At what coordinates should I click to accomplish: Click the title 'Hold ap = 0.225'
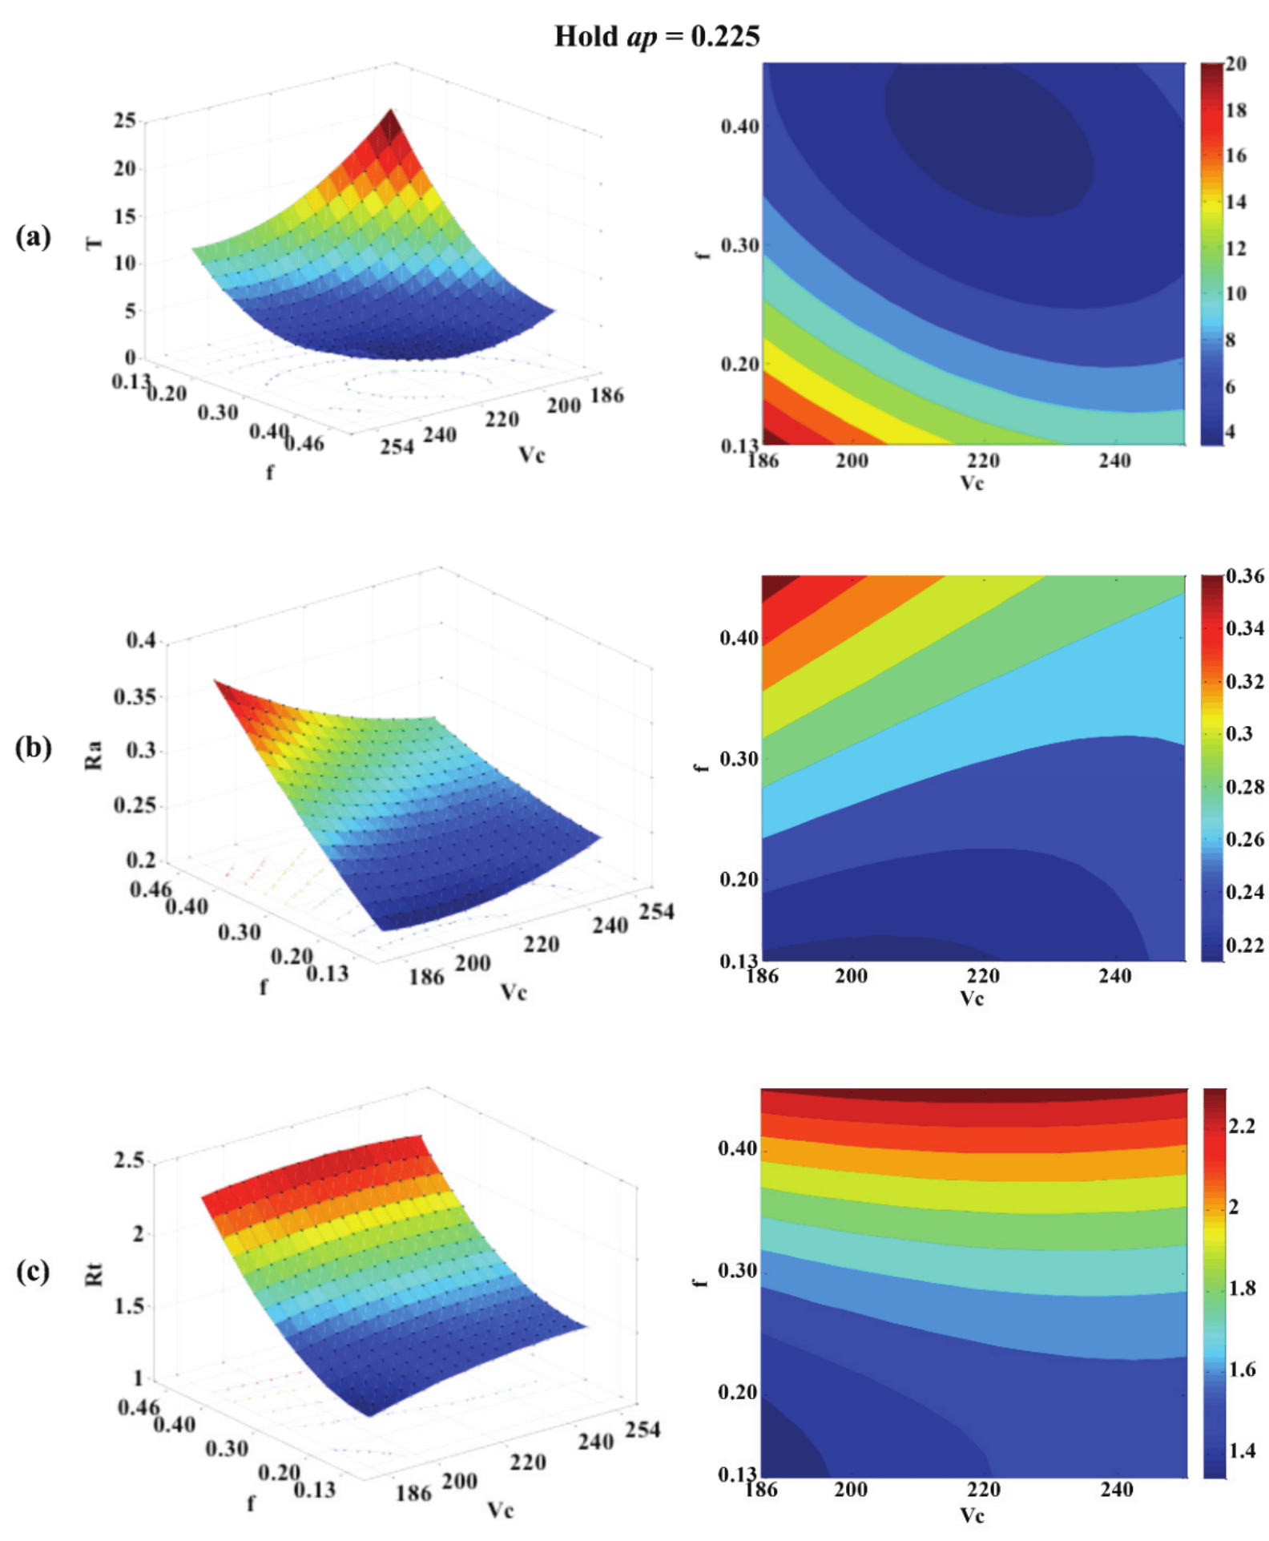pyautogui.click(x=656, y=36)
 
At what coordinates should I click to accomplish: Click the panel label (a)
pyautogui.click(x=33, y=236)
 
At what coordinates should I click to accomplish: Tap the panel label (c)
pyautogui.click(x=33, y=1270)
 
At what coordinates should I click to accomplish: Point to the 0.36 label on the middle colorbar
pyautogui.click(x=1244, y=575)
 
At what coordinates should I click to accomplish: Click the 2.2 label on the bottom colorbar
pyautogui.click(x=1241, y=1126)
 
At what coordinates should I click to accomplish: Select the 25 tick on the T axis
pyautogui.click(x=124, y=120)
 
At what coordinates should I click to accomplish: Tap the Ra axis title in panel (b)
pyautogui.click(x=95, y=755)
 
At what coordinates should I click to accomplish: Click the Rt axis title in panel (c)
pyautogui.click(x=95, y=1274)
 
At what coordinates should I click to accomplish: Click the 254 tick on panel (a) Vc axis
pyautogui.click(x=397, y=446)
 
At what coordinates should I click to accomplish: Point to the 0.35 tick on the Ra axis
pyautogui.click(x=135, y=696)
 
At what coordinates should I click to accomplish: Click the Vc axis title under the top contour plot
pyautogui.click(x=972, y=482)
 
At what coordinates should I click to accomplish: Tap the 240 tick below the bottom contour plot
pyautogui.click(x=1115, y=1489)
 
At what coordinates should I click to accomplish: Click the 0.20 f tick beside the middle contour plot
pyautogui.click(x=739, y=879)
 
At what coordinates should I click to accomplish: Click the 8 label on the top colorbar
pyautogui.click(x=1230, y=340)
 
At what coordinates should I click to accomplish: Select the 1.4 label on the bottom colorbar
pyautogui.click(x=1241, y=1450)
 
